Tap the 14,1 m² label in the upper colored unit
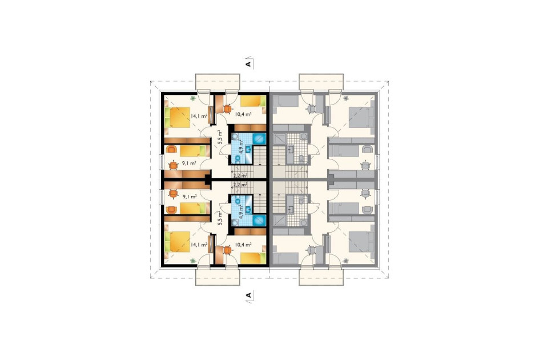point(199,116)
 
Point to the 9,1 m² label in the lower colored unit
point(190,197)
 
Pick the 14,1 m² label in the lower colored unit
point(199,245)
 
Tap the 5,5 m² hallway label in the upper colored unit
point(221,137)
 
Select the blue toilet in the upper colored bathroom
point(237,159)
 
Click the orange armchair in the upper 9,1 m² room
point(171,150)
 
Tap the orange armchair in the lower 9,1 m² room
point(171,210)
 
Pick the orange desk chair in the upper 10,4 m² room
point(227,109)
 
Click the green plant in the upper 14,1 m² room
point(194,99)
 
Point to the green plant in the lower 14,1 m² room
point(194,261)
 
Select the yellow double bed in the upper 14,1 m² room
point(178,117)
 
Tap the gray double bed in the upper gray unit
point(361,117)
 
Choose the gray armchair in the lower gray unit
point(368,210)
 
